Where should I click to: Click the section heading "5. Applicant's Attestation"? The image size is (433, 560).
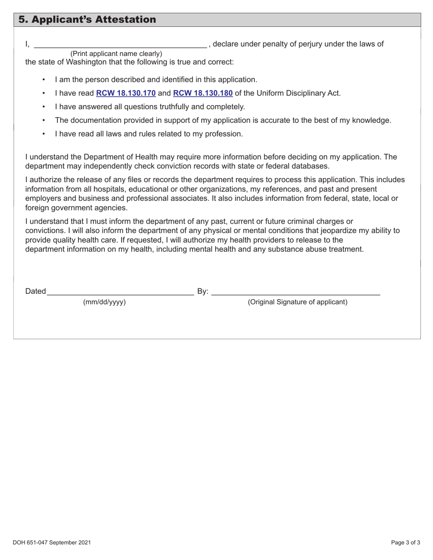[x=87, y=20]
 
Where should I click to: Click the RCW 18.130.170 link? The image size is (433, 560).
[x=126, y=93]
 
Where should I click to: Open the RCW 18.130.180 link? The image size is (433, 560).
[x=203, y=93]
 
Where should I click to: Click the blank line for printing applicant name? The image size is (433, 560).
[x=120, y=45]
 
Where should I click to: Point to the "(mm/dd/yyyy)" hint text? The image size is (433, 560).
[x=104, y=302]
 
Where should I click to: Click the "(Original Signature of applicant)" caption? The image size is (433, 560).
[x=297, y=302]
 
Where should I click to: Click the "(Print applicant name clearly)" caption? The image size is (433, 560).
[x=116, y=53]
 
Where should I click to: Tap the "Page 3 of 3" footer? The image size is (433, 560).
[x=406, y=543]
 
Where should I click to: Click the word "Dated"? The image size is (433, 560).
[x=36, y=291]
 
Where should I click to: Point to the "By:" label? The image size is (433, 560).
[x=203, y=291]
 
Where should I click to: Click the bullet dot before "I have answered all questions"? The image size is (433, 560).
[x=44, y=107]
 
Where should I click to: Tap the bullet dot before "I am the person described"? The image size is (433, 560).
[x=44, y=80]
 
